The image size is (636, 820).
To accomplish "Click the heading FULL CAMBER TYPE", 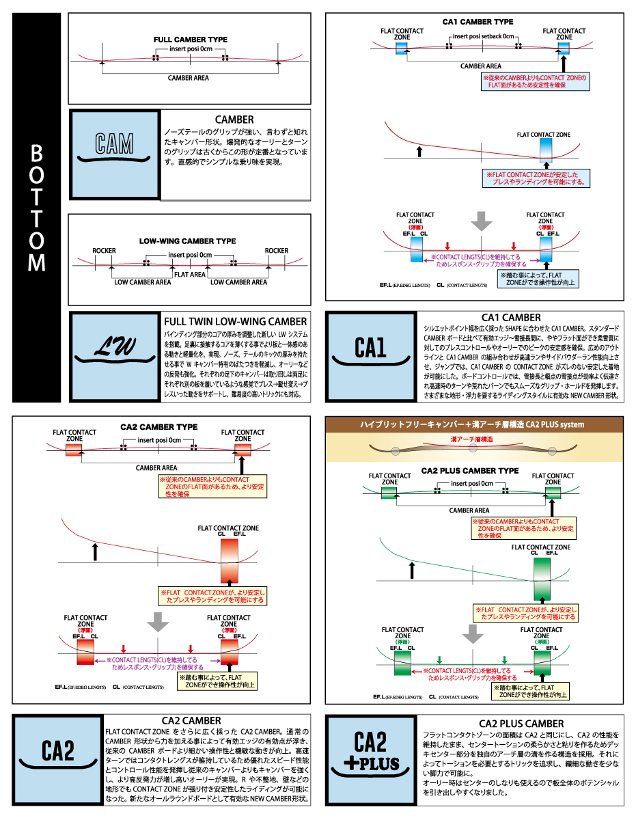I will click(191, 40).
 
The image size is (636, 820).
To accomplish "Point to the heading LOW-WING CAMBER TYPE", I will click(187, 241).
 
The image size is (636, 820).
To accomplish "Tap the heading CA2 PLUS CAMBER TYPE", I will click(469, 471).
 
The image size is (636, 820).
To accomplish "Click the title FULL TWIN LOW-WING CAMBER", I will click(235, 321).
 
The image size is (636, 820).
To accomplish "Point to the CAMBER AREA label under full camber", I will click(189, 78).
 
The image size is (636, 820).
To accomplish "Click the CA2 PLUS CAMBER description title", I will click(521, 723).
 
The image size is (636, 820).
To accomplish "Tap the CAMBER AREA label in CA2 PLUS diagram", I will click(469, 510).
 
